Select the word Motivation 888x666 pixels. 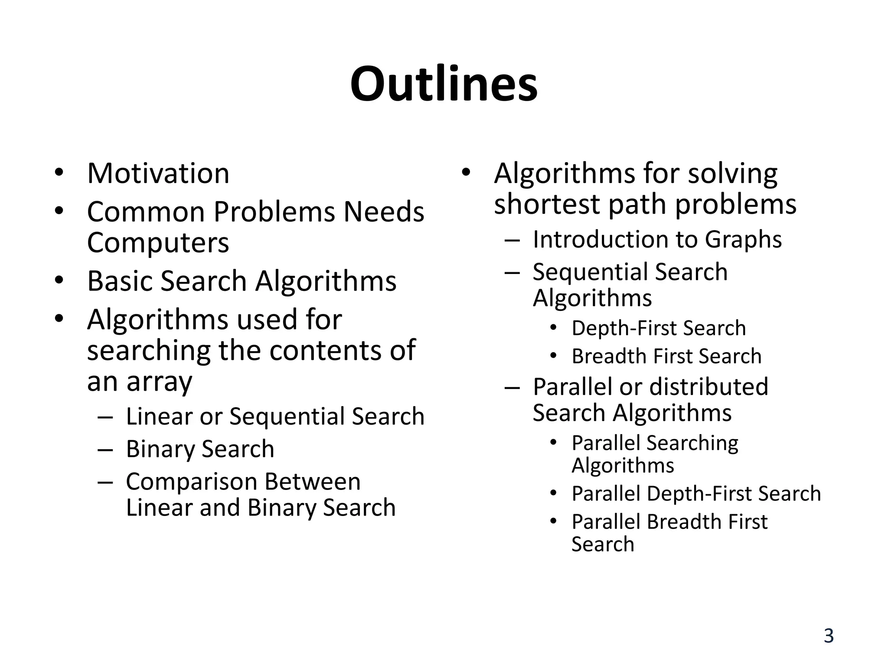(158, 173)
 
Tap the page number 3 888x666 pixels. (829, 636)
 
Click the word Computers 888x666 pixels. (158, 243)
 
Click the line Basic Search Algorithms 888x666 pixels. (242, 281)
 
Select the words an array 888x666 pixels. (139, 382)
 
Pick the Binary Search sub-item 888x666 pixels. (200, 449)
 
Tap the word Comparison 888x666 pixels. (194, 482)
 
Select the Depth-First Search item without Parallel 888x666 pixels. (659, 328)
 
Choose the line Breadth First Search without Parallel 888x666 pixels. (666, 356)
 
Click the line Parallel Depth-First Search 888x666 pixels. (696, 494)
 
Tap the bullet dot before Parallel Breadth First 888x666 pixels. (553, 521)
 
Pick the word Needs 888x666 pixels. (384, 212)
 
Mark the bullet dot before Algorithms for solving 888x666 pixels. (466, 173)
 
